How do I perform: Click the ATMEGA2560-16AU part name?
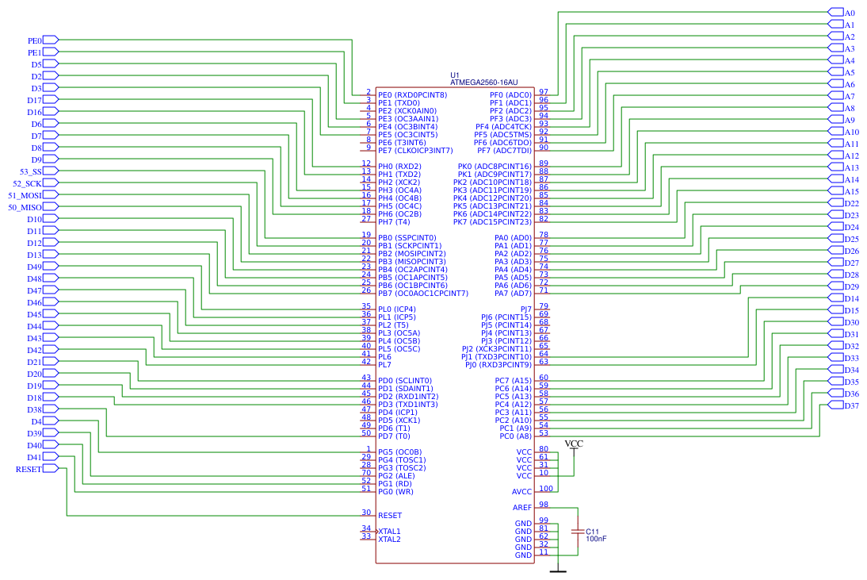coord(483,82)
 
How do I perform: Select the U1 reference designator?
coord(454,75)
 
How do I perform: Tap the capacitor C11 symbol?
coord(578,530)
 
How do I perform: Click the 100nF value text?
coord(596,539)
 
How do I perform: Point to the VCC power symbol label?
coord(573,444)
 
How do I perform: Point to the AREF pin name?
coord(522,508)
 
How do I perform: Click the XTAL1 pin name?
coord(389,532)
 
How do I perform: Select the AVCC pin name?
coord(521,492)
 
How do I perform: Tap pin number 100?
coord(545,489)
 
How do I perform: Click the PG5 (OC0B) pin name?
coord(399,452)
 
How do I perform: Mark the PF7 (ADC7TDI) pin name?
coord(503,151)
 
